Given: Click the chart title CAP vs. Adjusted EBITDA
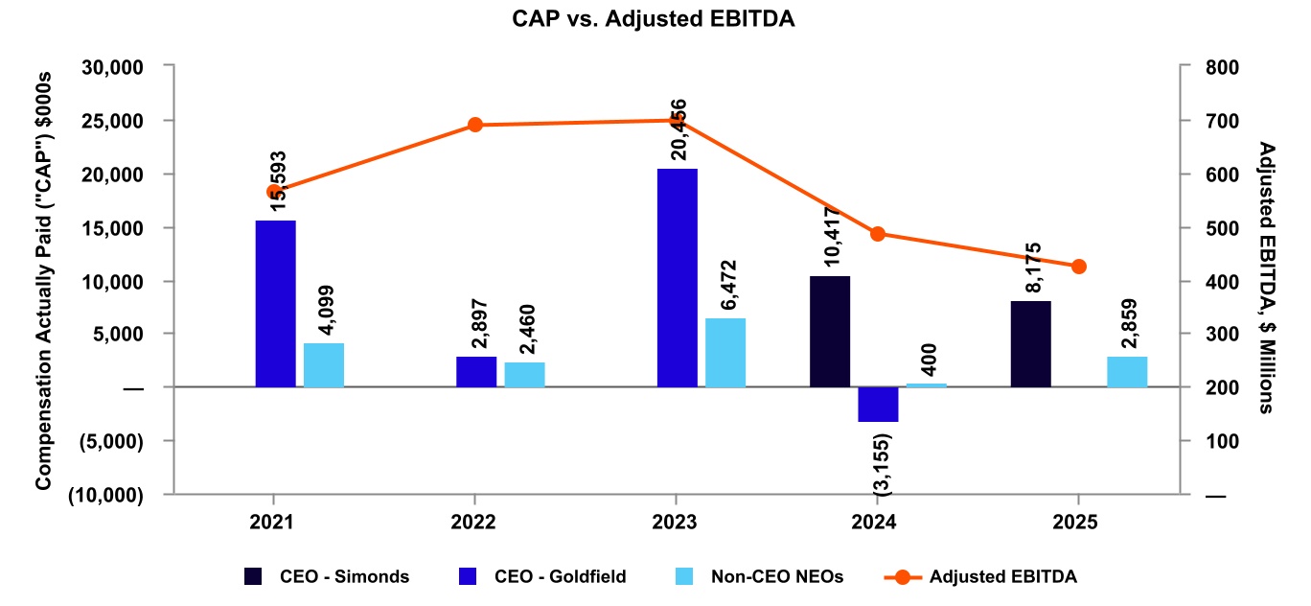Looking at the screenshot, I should point(655,18).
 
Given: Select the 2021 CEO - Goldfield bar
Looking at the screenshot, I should point(276,303).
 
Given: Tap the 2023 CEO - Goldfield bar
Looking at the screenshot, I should point(678,277).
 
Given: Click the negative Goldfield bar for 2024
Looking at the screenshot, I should point(878,404).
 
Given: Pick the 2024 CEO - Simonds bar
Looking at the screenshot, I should point(830,332).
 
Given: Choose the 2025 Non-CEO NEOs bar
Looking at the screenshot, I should point(1127,372).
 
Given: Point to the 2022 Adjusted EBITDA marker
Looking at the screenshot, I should point(474,125).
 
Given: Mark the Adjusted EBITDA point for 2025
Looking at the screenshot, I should point(1079,267).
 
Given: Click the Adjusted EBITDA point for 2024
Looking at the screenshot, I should point(878,234).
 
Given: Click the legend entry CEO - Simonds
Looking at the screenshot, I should point(326,576).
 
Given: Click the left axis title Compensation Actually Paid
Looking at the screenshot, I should point(43,281).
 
